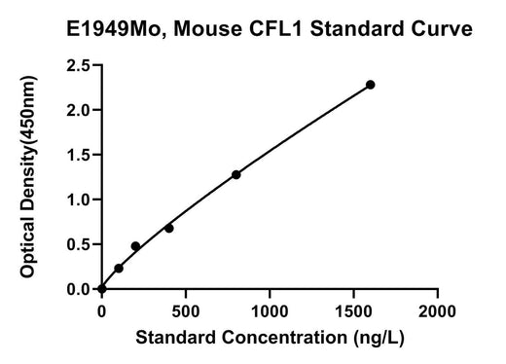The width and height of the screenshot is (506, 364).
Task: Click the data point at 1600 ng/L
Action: pyautogui.click(x=370, y=85)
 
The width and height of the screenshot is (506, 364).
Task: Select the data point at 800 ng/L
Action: pyautogui.click(x=236, y=175)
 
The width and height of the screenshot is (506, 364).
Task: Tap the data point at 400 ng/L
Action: pyautogui.click(x=169, y=229)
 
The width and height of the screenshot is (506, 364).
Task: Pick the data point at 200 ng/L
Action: pyautogui.click(x=135, y=246)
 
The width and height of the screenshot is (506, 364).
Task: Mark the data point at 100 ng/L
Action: pyautogui.click(x=119, y=269)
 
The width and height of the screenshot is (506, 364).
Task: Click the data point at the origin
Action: pyautogui.click(x=102, y=289)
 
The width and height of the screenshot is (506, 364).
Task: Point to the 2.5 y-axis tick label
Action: pyautogui.click(x=78, y=66)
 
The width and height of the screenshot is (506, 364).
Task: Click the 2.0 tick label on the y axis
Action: pyautogui.click(x=78, y=111)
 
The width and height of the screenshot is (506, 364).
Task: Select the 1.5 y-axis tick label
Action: pyautogui.click(x=78, y=156)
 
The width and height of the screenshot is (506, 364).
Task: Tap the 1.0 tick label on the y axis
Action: pyautogui.click(x=78, y=200)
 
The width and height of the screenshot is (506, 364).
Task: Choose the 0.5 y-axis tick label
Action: pyautogui.click(x=78, y=244)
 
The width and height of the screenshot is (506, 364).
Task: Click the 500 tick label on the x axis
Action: pyautogui.click(x=186, y=311)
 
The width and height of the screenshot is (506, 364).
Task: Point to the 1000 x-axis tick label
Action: pyautogui.click(x=270, y=311)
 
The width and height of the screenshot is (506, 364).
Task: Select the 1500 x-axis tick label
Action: pyautogui.click(x=353, y=311)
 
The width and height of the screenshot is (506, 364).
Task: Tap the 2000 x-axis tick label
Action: pyautogui.click(x=437, y=311)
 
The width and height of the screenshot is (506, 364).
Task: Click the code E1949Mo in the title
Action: pyautogui.click(x=116, y=29)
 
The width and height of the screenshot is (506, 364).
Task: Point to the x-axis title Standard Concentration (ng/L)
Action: pyautogui.click(x=270, y=338)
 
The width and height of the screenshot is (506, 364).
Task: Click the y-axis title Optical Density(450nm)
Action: pyautogui.click(x=28, y=176)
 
